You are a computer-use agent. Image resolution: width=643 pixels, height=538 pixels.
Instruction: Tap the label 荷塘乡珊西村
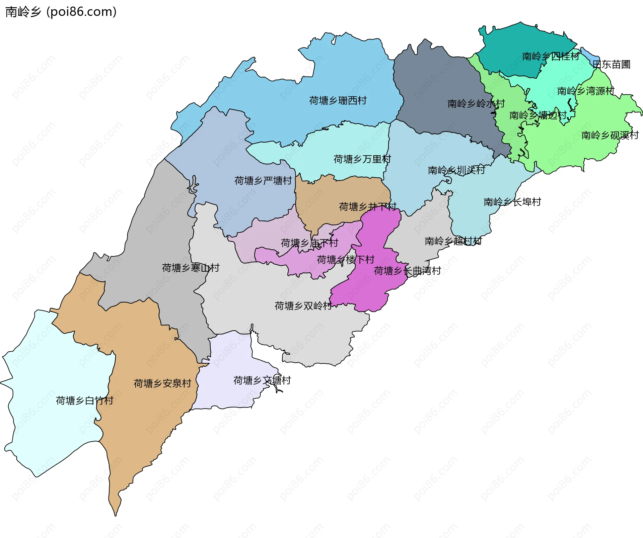pyautogui.click(x=338, y=100)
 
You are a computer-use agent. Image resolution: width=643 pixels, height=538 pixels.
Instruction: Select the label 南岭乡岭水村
pyautogui.click(x=476, y=104)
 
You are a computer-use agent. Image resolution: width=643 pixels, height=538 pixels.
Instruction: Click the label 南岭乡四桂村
pyautogui.click(x=551, y=56)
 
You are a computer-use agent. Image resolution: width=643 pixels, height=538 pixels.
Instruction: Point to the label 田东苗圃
pyautogui.click(x=612, y=64)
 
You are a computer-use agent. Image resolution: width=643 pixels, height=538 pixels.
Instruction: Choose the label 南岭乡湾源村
pyautogui.click(x=586, y=91)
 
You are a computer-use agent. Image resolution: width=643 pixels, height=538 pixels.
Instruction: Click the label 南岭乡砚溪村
pyautogui.click(x=610, y=135)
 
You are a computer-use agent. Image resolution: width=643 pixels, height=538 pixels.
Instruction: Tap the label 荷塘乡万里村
pyautogui.click(x=362, y=159)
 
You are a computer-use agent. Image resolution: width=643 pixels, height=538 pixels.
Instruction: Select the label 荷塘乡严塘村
pyautogui.click(x=263, y=181)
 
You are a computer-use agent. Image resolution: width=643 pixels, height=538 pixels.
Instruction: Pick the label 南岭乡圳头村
pyautogui.click(x=456, y=170)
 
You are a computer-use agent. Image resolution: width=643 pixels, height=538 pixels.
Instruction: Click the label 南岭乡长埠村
pyautogui.click(x=512, y=202)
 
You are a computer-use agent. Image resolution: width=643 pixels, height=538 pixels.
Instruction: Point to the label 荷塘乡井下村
pyautogui.click(x=367, y=206)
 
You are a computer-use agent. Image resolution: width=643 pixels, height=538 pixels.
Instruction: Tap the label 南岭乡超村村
pyautogui.click(x=453, y=241)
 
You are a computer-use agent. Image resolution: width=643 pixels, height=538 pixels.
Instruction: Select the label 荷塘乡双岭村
pyautogui.click(x=303, y=305)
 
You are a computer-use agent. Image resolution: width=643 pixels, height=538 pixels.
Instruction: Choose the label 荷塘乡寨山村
pyautogui.click(x=191, y=268)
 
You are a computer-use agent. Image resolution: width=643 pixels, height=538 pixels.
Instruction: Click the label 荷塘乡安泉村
pyautogui.click(x=162, y=383)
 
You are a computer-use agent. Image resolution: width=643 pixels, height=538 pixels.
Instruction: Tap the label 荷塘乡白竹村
pyautogui.click(x=84, y=400)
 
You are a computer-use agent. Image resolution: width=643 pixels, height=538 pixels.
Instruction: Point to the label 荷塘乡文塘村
pyautogui.click(x=262, y=380)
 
